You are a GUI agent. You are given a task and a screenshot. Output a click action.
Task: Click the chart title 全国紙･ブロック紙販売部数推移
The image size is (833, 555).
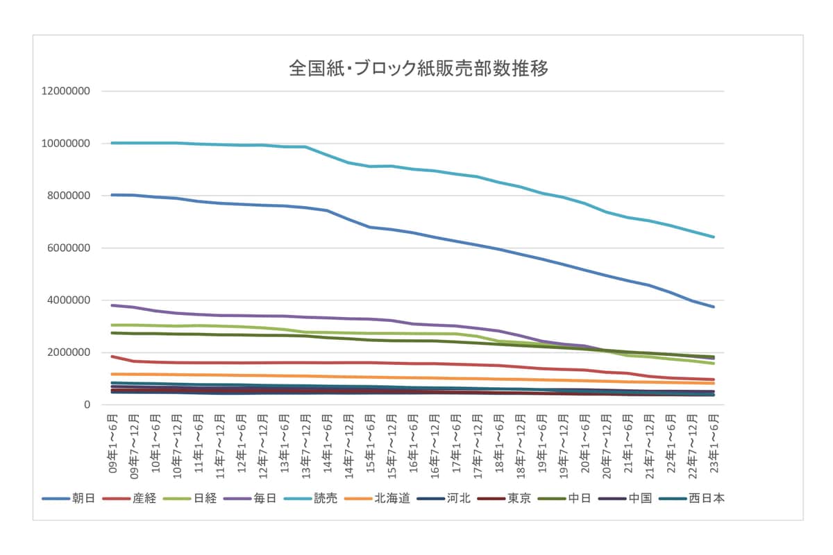click(x=419, y=69)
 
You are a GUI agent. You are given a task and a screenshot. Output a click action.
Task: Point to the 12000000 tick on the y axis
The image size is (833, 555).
click(x=67, y=92)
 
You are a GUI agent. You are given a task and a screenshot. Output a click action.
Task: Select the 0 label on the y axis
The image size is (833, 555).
click(x=87, y=405)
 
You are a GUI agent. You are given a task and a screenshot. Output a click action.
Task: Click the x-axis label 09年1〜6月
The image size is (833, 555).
click(x=112, y=444)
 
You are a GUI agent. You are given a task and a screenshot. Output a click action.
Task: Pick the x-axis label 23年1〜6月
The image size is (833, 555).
click(x=714, y=444)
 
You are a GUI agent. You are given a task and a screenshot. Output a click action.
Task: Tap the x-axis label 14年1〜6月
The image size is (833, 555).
click(x=327, y=444)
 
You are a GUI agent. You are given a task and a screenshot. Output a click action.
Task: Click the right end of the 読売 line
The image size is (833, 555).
click(x=714, y=237)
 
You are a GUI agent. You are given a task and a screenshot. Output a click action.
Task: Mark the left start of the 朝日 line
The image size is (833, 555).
click(x=112, y=195)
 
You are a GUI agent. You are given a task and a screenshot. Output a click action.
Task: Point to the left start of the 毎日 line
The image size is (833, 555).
click(x=112, y=305)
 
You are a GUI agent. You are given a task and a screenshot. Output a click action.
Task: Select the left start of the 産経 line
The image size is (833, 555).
click(x=112, y=357)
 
